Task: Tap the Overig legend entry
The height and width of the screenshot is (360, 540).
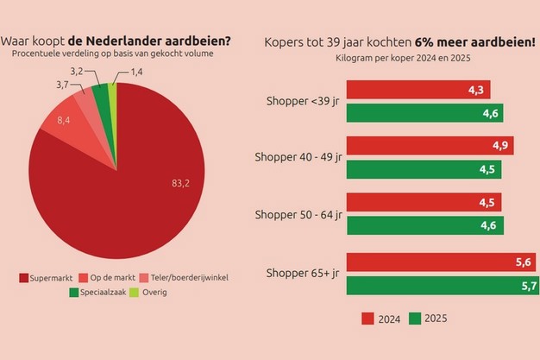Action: pyautogui.click(x=148, y=292)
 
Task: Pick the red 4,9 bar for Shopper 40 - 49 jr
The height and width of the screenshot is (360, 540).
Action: pyautogui.click(x=430, y=145)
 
